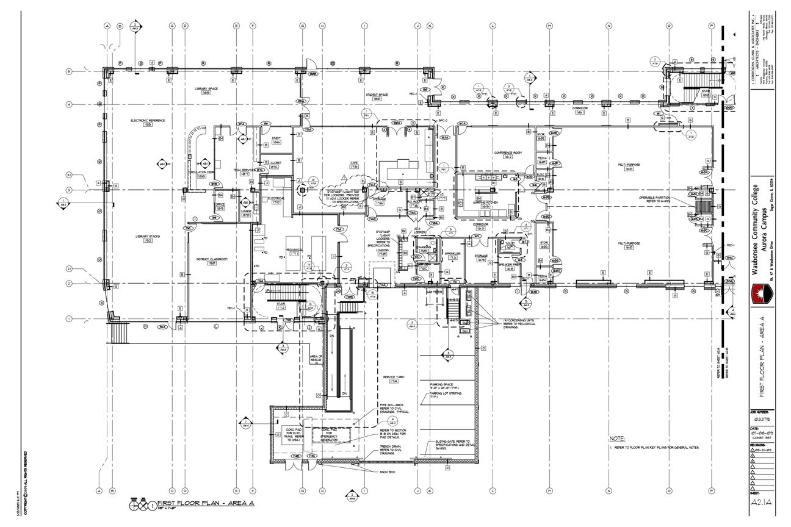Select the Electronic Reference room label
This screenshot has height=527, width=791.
point(148,121)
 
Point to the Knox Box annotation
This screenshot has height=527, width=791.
point(388,472)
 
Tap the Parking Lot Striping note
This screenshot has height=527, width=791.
point(446,395)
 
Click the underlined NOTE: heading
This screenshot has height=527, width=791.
point(618,439)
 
